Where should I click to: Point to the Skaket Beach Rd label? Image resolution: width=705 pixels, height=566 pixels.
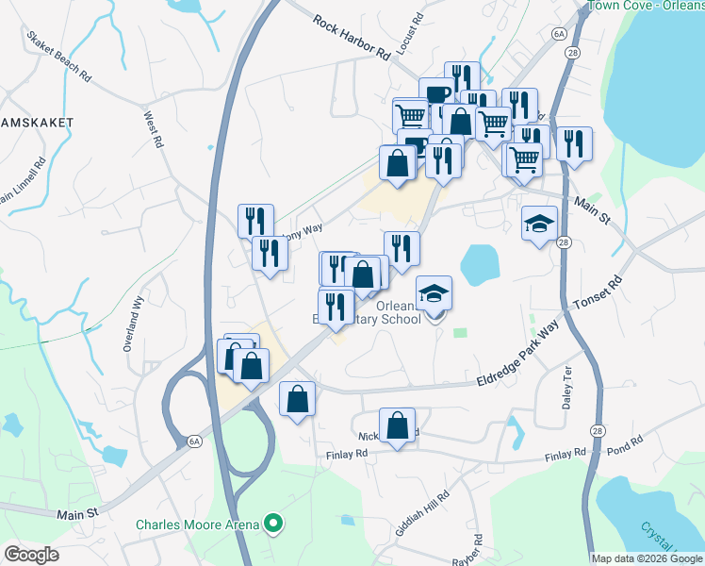click(x=58, y=58)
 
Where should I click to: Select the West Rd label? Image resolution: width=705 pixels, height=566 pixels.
click(x=152, y=130)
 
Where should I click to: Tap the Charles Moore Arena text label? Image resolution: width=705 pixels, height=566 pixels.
click(x=197, y=524)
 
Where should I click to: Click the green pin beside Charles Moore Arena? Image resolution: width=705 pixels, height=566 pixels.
click(x=273, y=523)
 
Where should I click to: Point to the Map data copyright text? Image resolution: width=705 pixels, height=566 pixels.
click(x=646, y=558)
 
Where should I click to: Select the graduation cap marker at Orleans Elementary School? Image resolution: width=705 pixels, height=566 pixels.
click(x=434, y=294)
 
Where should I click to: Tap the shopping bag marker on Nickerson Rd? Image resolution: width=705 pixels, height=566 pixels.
click(x=398, y=425)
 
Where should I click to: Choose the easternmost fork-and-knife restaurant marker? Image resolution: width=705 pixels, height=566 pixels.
click(x=573, y=144)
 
